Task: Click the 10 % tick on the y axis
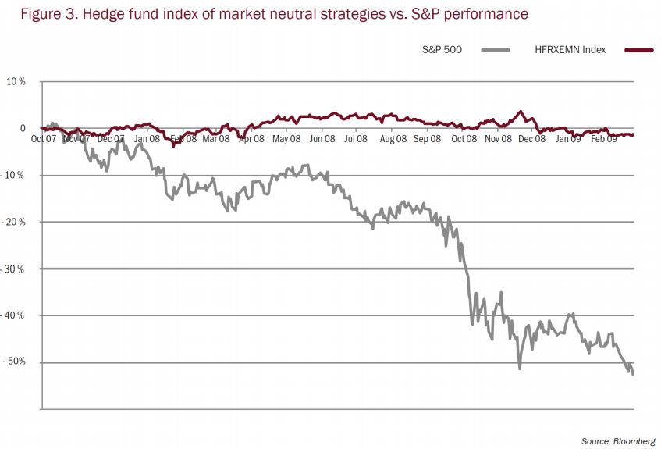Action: click(16, 81)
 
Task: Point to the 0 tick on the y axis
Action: click(23, 128)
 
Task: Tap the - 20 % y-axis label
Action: click(14, 222)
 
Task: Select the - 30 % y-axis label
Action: click(14, 269)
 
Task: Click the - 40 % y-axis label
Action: click(14, 315)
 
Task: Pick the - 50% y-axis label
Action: click(14, 362)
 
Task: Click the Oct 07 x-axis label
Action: click(43, 139)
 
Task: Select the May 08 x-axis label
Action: click(286, 139)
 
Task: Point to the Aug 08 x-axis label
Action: click(393, 139)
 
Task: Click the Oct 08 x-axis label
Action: click(464, 139)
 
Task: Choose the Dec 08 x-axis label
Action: click(532, 139)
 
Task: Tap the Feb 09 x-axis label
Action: click(602, 139)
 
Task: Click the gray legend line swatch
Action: click(496, 50)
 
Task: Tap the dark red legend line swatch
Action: click(638, 50)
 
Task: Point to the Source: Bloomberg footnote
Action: click(618, 441)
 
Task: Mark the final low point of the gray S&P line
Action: click(633, 374)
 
